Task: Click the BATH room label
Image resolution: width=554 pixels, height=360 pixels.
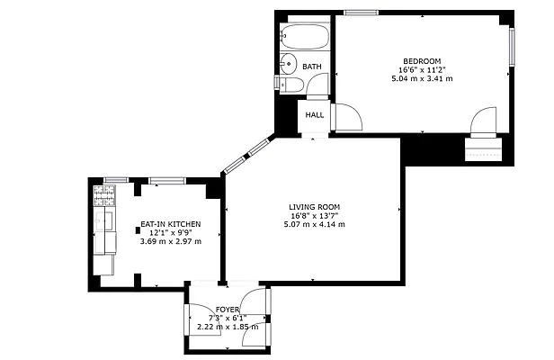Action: coord(312,67)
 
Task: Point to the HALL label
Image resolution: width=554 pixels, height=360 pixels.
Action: coord(315,115)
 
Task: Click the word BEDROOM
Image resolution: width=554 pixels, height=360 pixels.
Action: coord(421,60)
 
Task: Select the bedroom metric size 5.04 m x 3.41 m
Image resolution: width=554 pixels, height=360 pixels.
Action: coord(421,79)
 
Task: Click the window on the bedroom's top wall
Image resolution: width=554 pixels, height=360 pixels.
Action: coord(360,13)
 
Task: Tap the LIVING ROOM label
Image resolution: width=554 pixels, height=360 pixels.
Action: coord(311,206)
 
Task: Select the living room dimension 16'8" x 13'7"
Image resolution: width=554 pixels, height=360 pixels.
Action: coord(311,215)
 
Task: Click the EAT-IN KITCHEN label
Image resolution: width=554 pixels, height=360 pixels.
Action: coord(169,223)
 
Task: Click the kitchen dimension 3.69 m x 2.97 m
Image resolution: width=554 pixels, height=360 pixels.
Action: coord(169,241)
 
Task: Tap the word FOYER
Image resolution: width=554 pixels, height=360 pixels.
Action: coord(227,309)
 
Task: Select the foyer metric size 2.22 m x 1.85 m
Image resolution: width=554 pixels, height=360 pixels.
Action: coord(227,327)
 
